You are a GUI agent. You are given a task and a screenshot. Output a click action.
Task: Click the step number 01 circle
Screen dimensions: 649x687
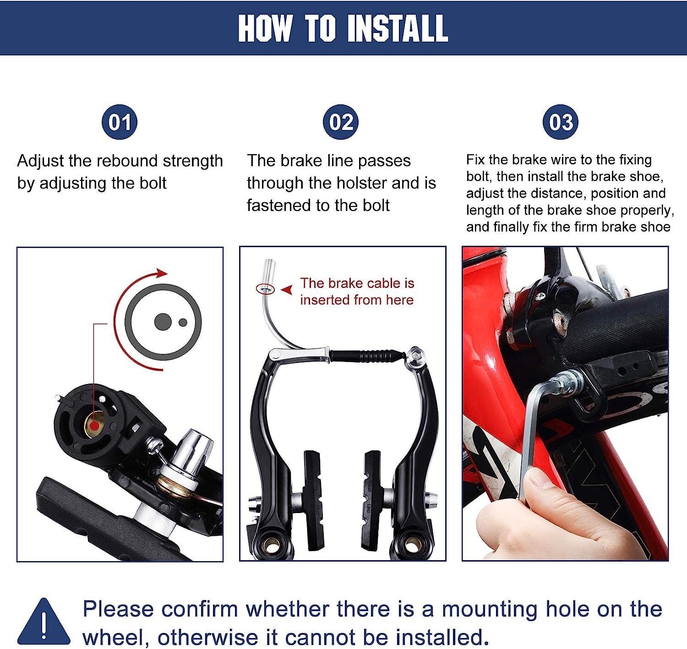click(x=120, y=122)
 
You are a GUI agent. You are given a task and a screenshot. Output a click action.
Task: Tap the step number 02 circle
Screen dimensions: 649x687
click(x=341, y=122)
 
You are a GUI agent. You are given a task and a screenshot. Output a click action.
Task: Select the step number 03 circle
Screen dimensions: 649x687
click(x=561, y=122)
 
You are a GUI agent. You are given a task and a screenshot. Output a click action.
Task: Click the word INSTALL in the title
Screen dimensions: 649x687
click(x=397, y=28)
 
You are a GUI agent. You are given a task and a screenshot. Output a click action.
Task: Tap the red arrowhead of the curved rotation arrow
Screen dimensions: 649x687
click(x=161, y=273)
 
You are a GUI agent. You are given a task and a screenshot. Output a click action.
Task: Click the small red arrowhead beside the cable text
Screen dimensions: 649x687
click(x=287, y=290)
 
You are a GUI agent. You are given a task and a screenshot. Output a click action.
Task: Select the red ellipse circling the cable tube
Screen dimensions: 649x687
click(x=265, y=289)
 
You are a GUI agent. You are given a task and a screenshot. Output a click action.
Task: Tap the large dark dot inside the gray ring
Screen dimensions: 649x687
click(x=162, y=322)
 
